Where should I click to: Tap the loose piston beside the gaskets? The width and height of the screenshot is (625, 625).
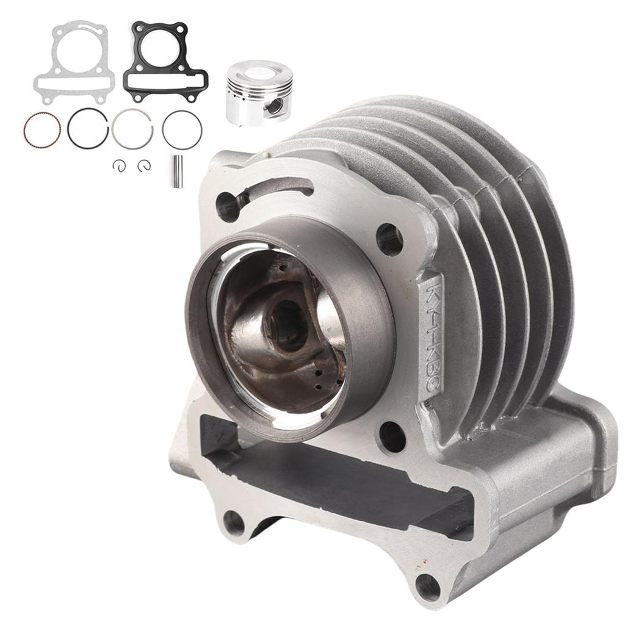coord(259,92)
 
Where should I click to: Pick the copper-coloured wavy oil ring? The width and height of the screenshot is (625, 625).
coord(42,128)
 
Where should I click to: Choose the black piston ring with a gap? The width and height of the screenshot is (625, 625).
coord(89,128)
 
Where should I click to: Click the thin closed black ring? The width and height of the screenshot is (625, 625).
coord(182,129)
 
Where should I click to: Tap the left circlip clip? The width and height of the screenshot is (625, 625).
coord(118,164)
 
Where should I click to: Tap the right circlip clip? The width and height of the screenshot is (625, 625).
coord(144,164)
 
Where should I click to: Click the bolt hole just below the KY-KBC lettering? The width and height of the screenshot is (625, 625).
coord(391,435)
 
